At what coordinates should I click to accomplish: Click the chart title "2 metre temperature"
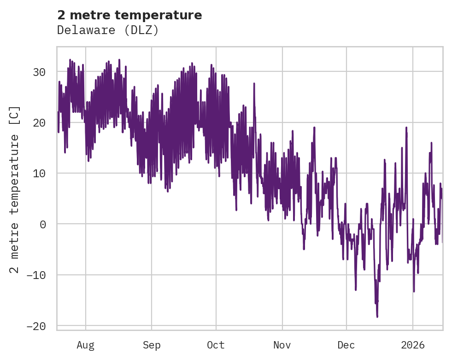(x=129, y=15)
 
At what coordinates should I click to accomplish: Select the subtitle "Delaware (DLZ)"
(x=108, y=30)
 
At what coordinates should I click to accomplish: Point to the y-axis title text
(x=15, y=189)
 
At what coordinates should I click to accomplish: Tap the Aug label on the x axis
(x=85, y=345)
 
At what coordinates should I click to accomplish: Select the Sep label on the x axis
(x=151, y=345)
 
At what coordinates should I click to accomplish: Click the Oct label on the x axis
(x=216, y=345)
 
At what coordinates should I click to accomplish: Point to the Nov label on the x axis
(x=282, y=345)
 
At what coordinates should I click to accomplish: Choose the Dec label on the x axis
(x=346, y=345)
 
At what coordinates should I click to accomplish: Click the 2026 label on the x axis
(x=412, y=345)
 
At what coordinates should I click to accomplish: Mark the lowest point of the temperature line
(x=377, y=317)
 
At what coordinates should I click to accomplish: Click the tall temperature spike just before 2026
(x=406, y=128)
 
